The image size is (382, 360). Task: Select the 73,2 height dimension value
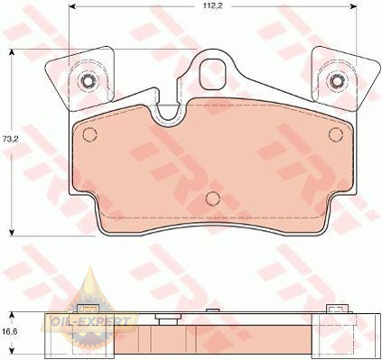pyautogui.click(x=9, y=139)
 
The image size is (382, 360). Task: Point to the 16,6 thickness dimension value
pyautogui.click(x=9, y=332)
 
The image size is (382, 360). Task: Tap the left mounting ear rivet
pyautogui.click(x=88, y=80)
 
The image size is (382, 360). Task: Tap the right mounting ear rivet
pyautogui.click(x=336, y=80)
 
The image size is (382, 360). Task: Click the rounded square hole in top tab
pyautogui.click(x=212, y=74)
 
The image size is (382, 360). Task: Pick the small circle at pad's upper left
pyautogui.click(x=89, y=134)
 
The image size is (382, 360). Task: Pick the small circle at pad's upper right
pyautogui.click(x=336, y=134)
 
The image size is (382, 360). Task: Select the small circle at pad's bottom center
pyautogui.click(x=213, y=198)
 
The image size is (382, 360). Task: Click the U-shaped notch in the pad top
pyautogui.click(x=170, y=115)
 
